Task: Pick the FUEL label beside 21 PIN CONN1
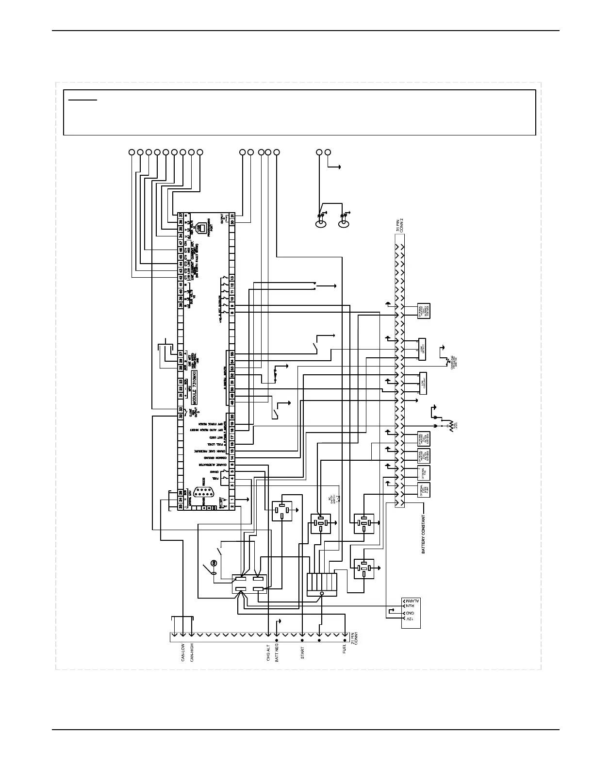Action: coord(345,650)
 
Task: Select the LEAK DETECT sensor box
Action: coord(422,349)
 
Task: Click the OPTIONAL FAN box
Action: coord(424,472)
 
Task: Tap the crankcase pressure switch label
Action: coord(453,360)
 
